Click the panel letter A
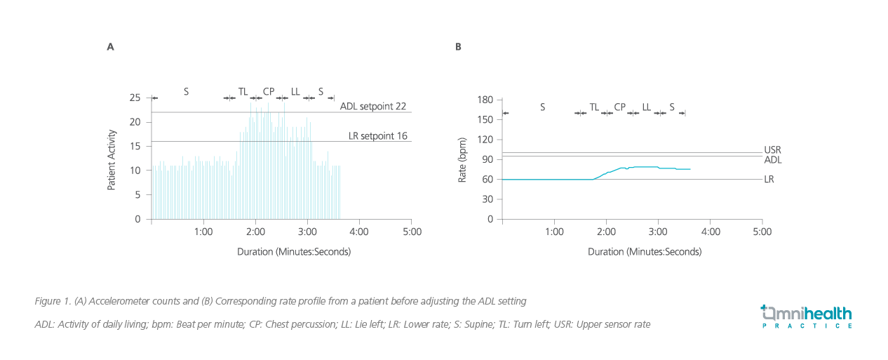click(x=110, y=47)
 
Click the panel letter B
click(x=458, y=47)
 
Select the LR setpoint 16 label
click(x=378, y=135)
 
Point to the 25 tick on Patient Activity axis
click(x=136, y=98)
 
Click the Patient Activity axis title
click(x=112, y=159)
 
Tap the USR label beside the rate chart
click(x=772, y=150)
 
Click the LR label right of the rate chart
click(x=769, y=180)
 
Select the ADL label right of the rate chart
click(x=773, y=160)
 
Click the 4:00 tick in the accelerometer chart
click(x=359, y=231)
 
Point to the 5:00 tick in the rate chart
click(x=762, y=231)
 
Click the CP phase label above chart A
click(x=269, y=91)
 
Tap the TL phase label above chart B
click(x=594, y=107)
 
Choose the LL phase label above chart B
click(x=646, y=107)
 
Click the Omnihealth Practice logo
click(x=807, y=316)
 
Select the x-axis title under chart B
click(x=645, y=251)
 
